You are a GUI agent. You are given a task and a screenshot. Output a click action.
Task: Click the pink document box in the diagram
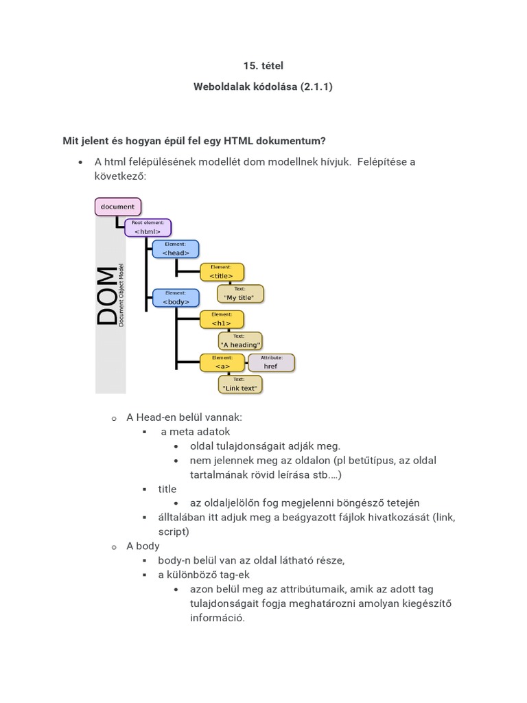click(118, 207)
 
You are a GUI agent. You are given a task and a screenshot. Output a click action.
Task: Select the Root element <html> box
click(148, 228)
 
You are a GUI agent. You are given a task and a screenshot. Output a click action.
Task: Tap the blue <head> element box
click(176, 249)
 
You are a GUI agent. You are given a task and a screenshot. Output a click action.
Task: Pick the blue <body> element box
click(176, 298)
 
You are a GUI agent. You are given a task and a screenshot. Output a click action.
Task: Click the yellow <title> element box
click(221, 272)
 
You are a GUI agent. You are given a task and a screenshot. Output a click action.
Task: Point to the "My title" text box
click(239, 294)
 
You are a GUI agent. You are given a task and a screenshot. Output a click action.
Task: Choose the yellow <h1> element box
click(221, 319)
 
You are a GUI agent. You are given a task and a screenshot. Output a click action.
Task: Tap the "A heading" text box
click(239, 341)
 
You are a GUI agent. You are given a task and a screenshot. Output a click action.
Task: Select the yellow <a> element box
click(222, 362)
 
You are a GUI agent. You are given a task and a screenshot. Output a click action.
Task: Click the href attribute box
click(270, 362)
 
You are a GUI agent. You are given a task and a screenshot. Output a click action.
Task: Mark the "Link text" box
click(239, 384)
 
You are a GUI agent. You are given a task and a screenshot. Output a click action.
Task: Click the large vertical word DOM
click(107, 296)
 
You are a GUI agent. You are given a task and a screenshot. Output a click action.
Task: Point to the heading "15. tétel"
click(263, 66)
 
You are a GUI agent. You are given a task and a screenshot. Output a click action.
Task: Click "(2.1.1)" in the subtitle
click(316, 87)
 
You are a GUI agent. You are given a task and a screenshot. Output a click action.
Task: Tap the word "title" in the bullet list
click(167, 489)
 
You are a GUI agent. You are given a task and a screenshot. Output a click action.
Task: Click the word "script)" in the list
click(174, 531)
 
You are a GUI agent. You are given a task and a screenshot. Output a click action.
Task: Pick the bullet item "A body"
click(143, 546)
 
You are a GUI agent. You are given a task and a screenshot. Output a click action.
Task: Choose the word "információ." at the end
click(217, 617)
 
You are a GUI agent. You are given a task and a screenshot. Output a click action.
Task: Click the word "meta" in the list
click(180, 432)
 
